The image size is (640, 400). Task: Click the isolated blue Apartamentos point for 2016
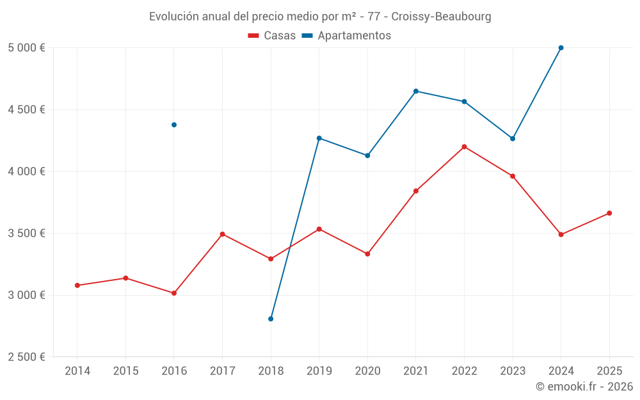174,125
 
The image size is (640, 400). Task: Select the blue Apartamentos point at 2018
271,319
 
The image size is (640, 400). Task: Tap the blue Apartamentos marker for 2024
561,48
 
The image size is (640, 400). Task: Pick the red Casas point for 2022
464,147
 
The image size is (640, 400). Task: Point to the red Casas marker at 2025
609,213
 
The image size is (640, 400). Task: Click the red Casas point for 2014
77,285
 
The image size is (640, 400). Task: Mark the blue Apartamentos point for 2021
416,91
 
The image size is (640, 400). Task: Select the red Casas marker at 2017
222,234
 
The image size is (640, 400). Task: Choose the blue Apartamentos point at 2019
319,138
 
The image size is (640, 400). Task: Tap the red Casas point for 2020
367,254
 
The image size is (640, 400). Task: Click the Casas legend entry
272,36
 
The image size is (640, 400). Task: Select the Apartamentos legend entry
346,36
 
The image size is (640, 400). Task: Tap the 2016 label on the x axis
174,371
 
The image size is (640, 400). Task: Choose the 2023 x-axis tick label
513,371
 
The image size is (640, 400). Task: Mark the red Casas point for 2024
561,234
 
